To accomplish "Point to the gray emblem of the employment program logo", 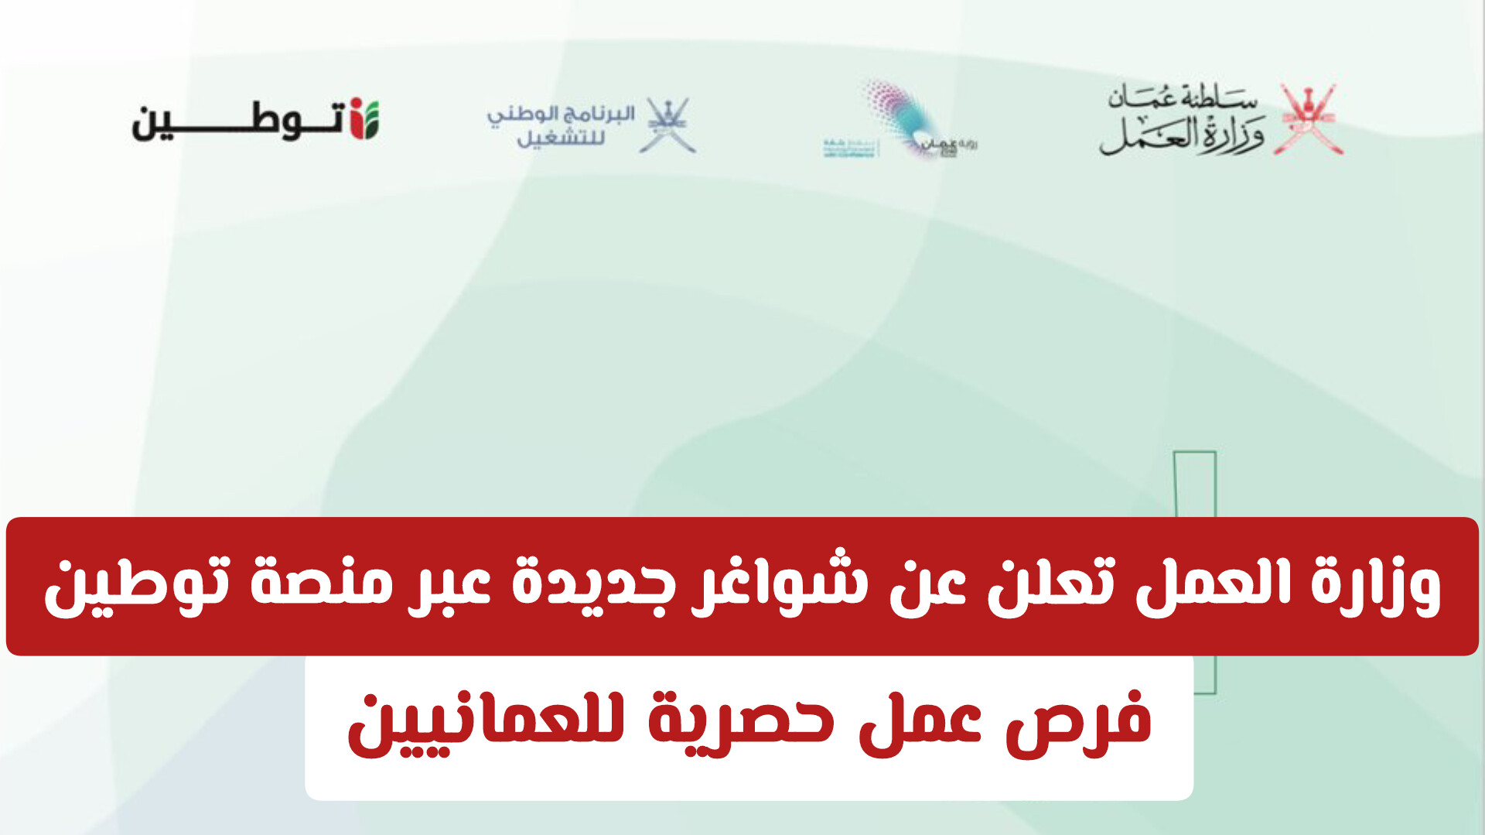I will click(x=667, y=125).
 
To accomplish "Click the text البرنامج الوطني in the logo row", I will click(x=561, y=114).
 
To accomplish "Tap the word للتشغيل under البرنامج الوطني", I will click(x=561, y=139).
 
